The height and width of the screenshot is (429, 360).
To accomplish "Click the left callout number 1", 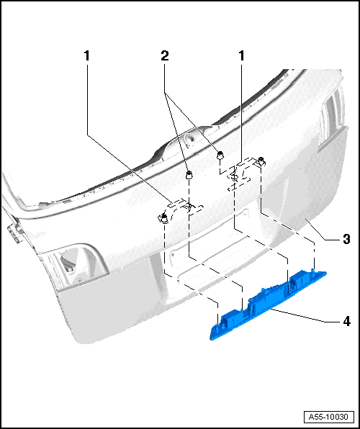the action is (87, 56).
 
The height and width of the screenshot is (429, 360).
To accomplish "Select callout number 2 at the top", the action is (165, 56).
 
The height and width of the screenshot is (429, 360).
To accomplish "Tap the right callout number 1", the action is (241, 56).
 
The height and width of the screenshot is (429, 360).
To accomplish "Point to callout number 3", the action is (346, 239).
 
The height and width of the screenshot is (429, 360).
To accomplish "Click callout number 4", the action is (346, 321).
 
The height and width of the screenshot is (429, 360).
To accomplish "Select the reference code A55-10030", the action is (328, 417).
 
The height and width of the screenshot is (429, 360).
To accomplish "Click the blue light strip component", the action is (269, 305).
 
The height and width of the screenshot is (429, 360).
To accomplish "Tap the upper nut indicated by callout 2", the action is (220, 155).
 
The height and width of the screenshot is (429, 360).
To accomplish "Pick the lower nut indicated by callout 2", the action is (189, 175).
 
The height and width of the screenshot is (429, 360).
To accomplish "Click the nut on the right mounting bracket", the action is (261, 161).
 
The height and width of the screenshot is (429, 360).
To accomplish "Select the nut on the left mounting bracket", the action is (164, 218).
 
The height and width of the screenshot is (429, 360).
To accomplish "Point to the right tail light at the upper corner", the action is (330, 117).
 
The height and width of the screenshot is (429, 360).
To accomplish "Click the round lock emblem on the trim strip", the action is (189, 138).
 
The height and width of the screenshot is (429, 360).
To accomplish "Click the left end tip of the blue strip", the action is (211, 338).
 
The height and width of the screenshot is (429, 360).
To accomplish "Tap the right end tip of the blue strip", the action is (325, 272).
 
